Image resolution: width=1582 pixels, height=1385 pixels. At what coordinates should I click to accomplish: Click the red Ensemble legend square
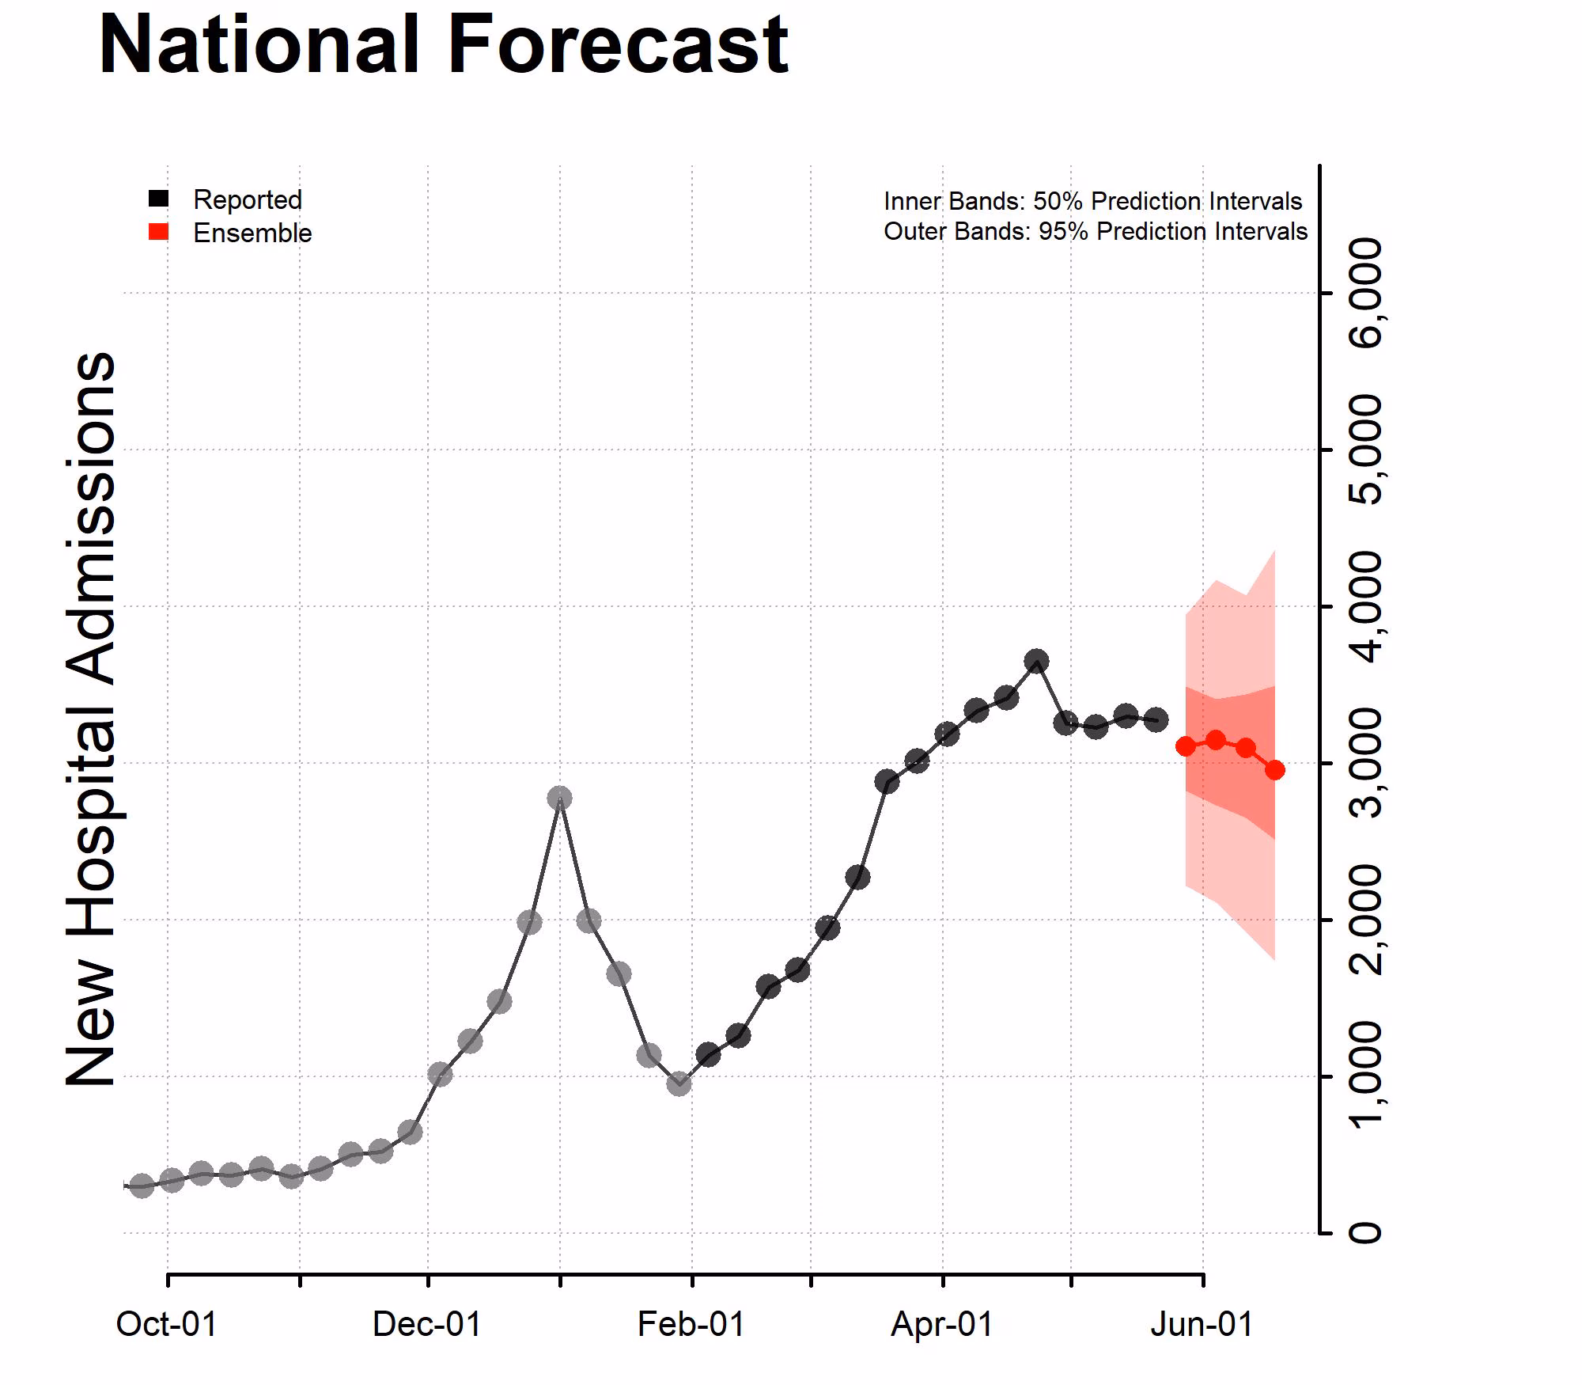159,231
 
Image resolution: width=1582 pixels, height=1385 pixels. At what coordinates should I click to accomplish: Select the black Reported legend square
159,198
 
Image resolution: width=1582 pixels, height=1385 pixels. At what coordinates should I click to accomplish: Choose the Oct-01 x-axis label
166,1324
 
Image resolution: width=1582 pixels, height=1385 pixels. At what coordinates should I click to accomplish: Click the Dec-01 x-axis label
426,1324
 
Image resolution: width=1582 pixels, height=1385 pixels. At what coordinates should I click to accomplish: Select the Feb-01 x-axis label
691,1324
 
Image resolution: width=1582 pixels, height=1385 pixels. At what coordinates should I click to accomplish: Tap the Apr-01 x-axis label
942,1324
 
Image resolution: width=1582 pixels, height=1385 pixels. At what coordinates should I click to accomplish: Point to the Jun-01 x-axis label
1202,1324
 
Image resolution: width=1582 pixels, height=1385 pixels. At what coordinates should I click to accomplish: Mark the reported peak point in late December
559,798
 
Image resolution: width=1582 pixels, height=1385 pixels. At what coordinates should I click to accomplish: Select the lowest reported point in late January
679,1083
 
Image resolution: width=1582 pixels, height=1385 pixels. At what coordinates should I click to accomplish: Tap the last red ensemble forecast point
1275,769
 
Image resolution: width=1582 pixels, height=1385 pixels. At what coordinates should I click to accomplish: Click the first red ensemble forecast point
1186,746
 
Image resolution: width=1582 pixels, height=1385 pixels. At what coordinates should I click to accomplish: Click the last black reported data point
1156,719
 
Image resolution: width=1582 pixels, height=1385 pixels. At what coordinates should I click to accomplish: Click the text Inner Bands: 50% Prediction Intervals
1092,201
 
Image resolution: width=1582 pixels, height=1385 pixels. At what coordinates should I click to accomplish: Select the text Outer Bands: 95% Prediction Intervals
1095,231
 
